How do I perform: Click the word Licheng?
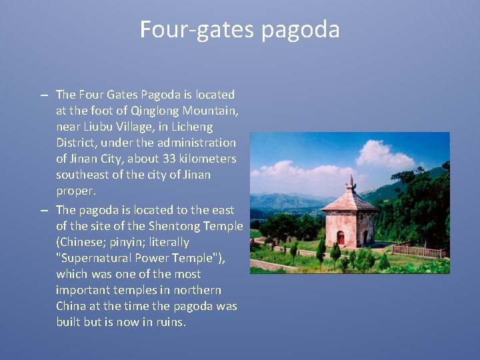click(x=191, y=127)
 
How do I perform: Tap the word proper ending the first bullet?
click(x=75, y=191)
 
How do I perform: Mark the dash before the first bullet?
click(x=44, y=95)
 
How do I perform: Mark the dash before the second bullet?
click(x=44, y=211)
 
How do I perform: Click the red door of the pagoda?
click(x=341, y=238)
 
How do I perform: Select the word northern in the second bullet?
click(x=195, y=290)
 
